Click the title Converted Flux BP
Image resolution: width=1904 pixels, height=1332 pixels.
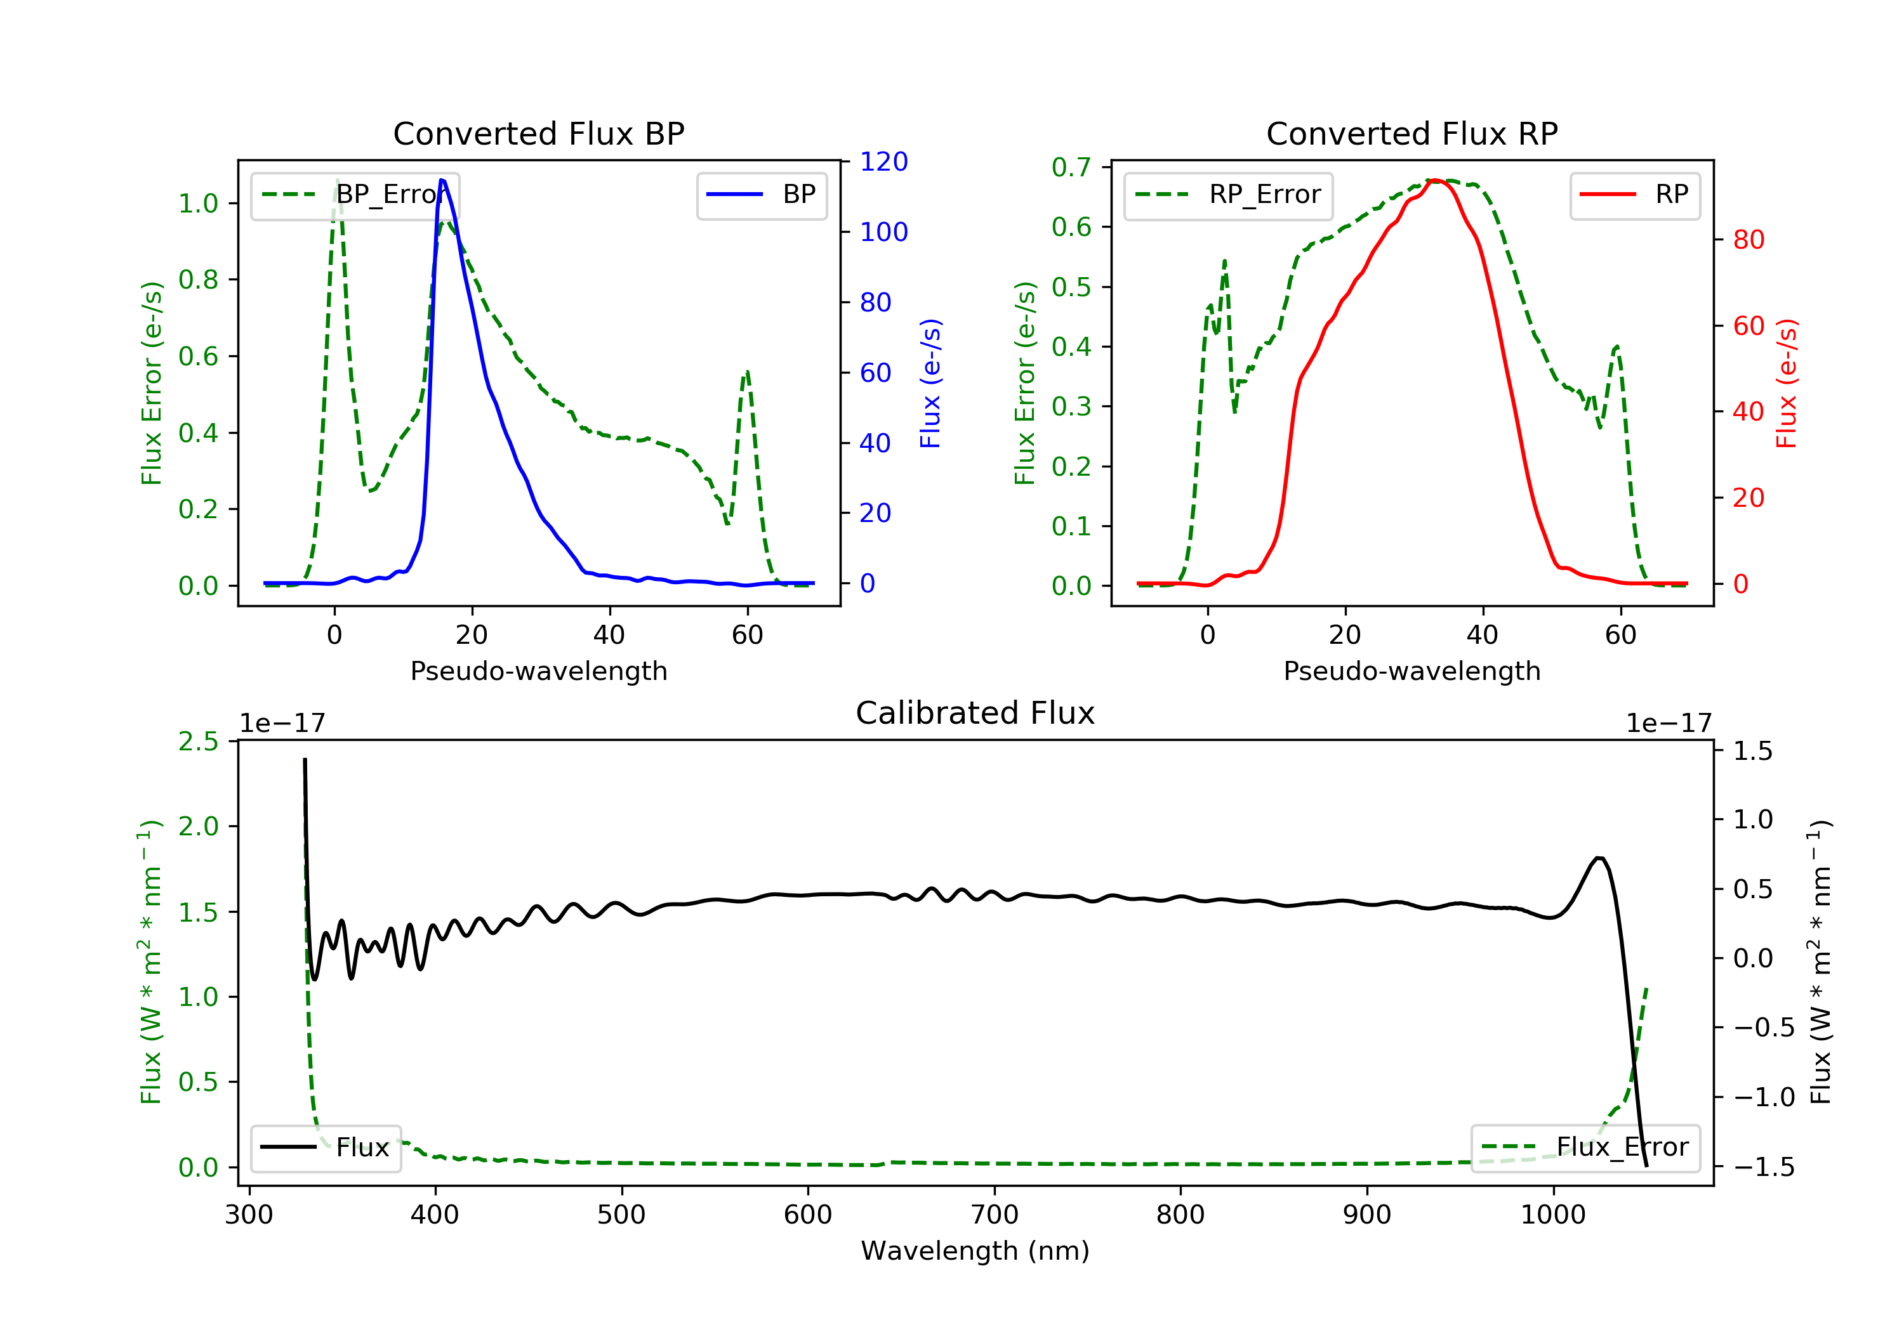(538, 133)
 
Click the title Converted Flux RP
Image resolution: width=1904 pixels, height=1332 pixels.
(1411, 133)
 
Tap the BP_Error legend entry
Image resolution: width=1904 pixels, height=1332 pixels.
(355, 195)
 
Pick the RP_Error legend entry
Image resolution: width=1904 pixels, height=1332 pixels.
(1228, 195)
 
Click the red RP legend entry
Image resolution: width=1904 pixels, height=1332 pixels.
(1634, 195)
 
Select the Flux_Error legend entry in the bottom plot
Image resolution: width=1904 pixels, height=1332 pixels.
(1585, 1147)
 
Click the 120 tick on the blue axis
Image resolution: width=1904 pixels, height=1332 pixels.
(883, 162)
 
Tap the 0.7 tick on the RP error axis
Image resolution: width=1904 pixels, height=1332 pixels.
(1071, 167)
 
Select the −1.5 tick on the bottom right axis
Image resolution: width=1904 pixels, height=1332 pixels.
(1752, 1167)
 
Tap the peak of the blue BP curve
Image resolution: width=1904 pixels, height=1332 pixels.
(442, 180)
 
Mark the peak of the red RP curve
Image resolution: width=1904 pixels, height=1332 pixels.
(1436, 180)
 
